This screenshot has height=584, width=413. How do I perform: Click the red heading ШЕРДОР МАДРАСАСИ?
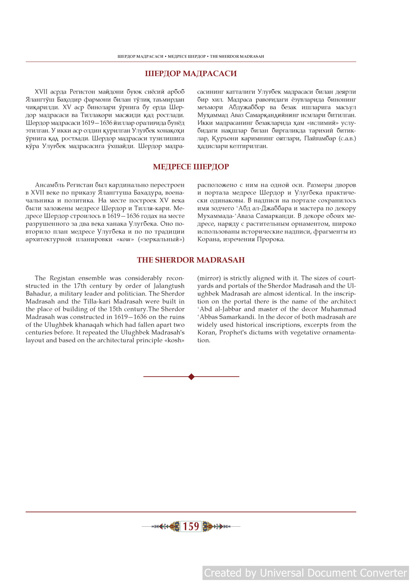click(191, 73)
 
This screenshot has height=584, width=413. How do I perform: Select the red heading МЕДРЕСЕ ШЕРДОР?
click(191, 167)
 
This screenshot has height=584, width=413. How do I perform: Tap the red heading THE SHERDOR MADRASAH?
click(191, 260)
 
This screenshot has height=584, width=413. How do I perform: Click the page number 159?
click(191, 527)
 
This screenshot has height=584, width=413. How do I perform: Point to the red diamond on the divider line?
click(191, 377)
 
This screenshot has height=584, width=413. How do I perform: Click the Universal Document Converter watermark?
click(306, 573)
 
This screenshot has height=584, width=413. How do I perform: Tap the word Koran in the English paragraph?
click(207, 333)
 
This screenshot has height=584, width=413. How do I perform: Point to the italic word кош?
click(125, 239)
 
